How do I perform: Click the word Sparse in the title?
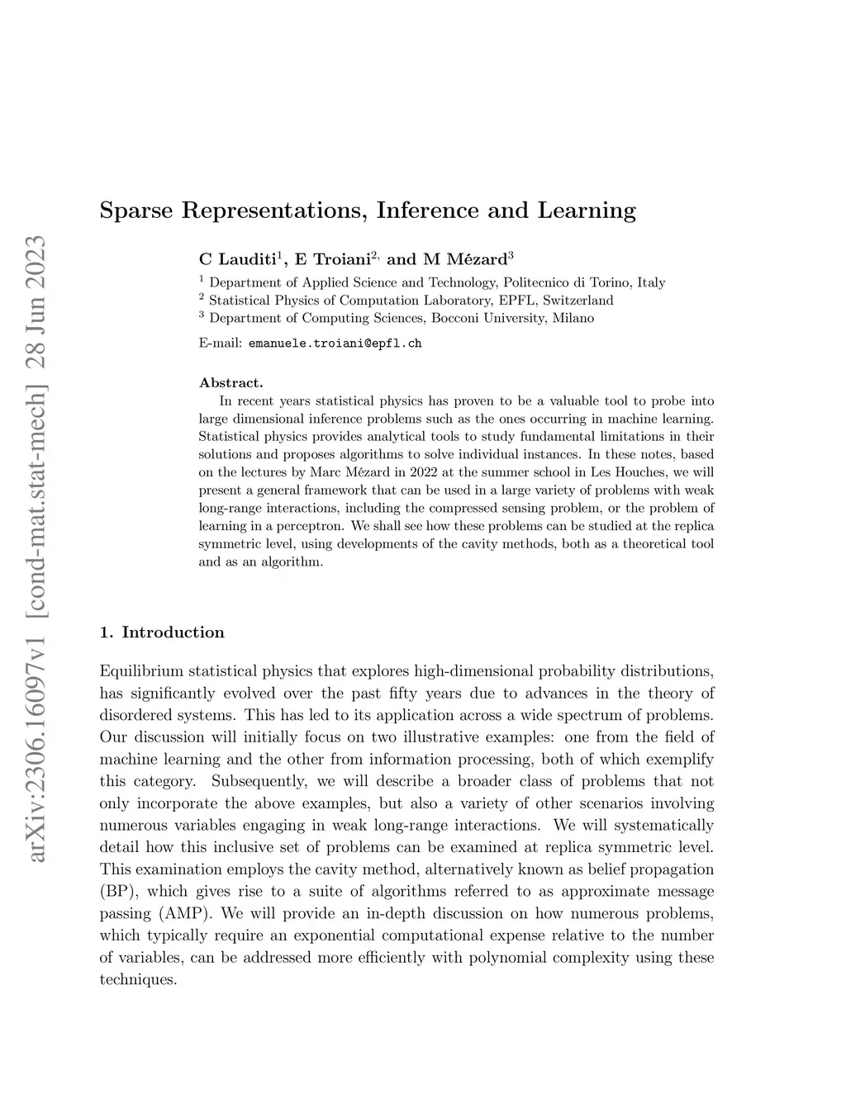(x=135, y=211)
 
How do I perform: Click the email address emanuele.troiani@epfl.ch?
(x=335, y=343)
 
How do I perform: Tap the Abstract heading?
(x=231, y=382)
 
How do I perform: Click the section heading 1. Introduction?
(x=162, y=632)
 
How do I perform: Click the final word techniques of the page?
(x=138, y=980)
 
